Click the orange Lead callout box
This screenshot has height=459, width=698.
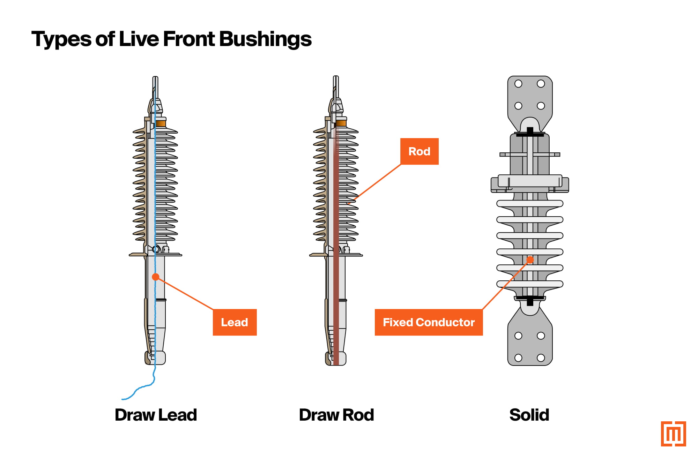click(x=235, y=322)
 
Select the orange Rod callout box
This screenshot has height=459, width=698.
click(x=419, y=151)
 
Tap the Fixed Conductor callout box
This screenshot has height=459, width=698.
click(x=429, y=322)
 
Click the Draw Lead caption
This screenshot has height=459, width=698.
click(x=156, y=415)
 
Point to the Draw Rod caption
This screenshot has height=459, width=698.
click(x=336, y=415)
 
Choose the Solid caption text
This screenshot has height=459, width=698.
click(x=529, y=415)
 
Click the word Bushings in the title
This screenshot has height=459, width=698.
click(x=265, y=39)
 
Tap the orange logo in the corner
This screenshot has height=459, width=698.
click(x=673, y=434)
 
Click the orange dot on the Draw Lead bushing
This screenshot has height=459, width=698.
click(x=156, y=277)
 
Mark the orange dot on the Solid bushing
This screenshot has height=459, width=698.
click(x=530, y=260)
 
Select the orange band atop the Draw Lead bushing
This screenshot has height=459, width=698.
click(x=161, y=123)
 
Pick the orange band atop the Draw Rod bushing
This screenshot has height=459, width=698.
click(x=341, y=123)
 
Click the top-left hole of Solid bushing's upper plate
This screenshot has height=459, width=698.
click(x=518, y=84)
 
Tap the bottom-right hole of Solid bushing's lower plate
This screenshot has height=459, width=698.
click(x=541, y=358)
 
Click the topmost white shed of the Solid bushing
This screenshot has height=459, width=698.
click(x=530, y=203)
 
